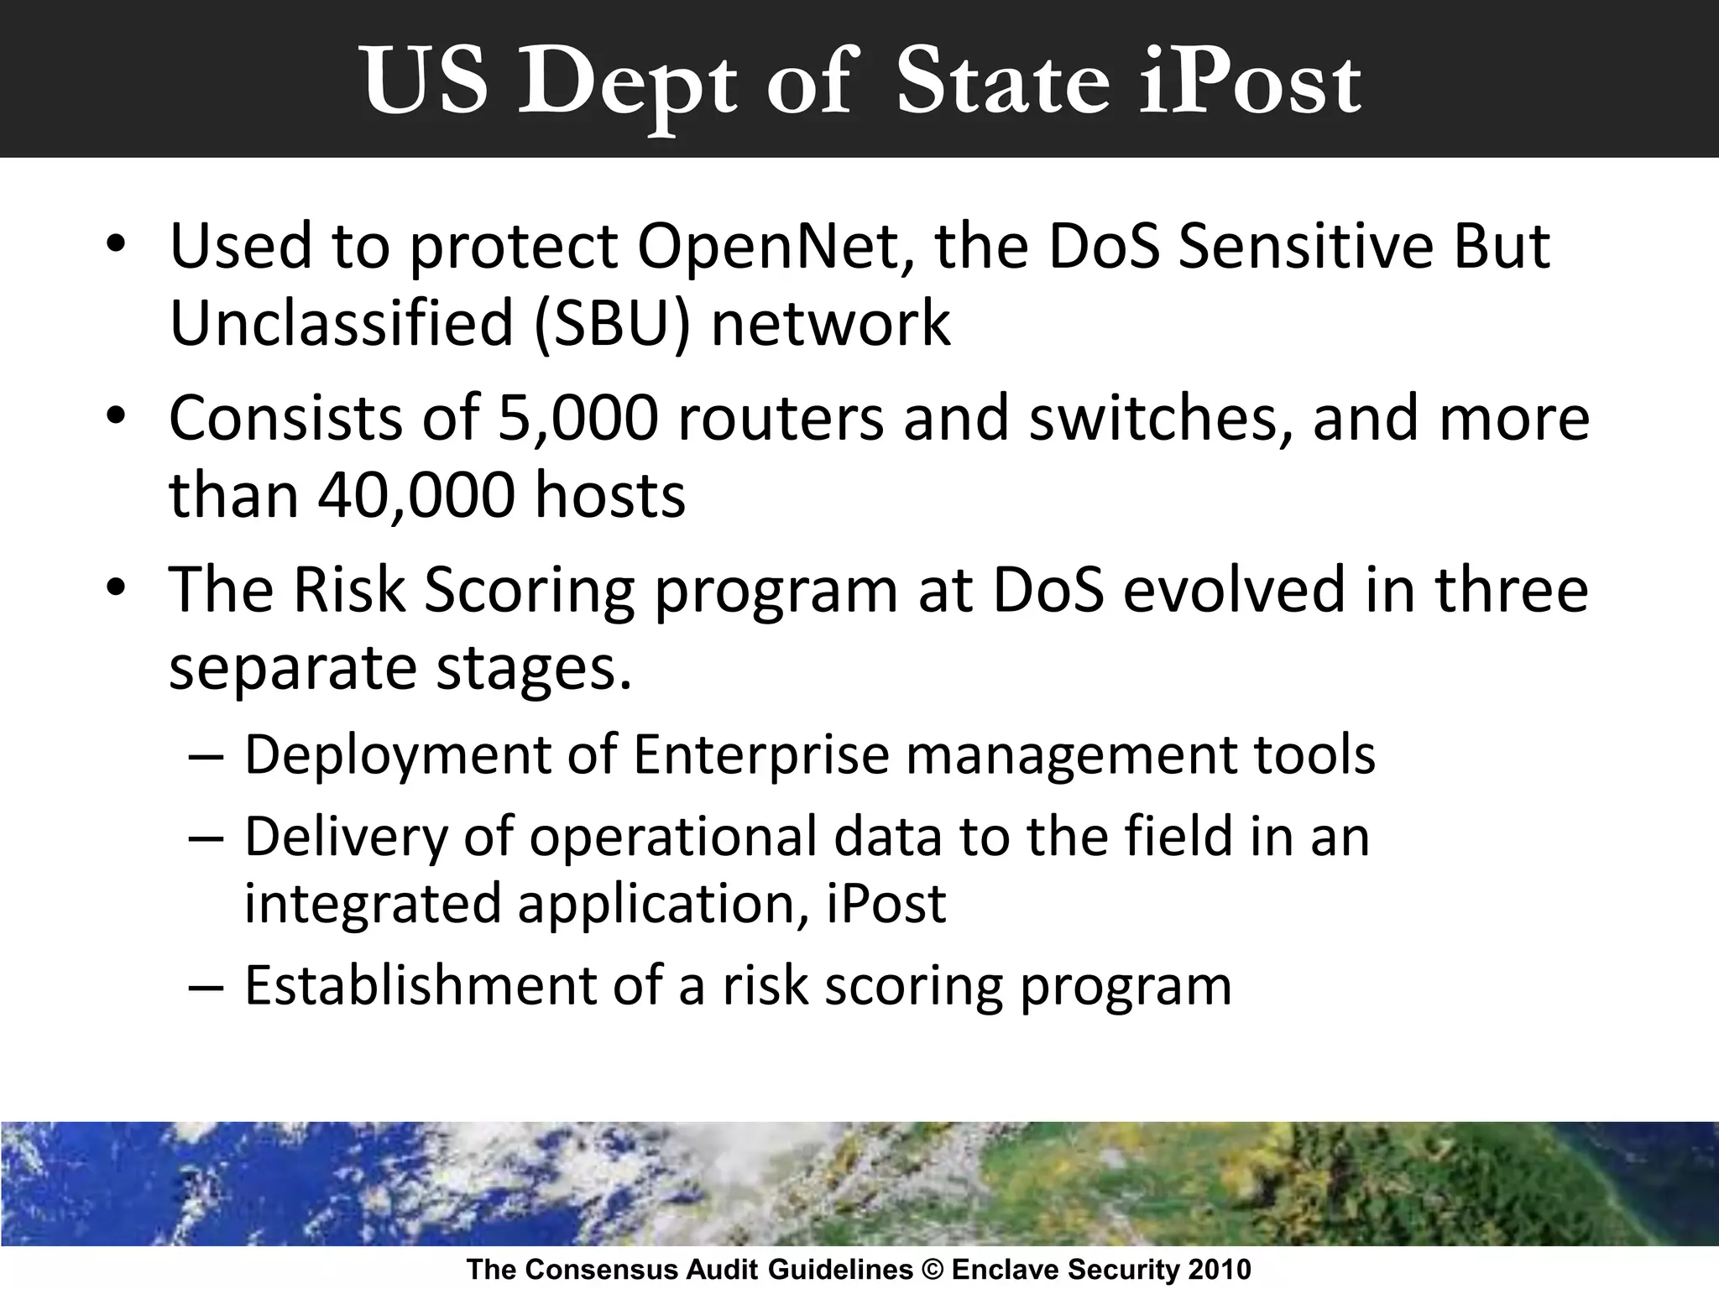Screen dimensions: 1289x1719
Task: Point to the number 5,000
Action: click(x=577, y=418)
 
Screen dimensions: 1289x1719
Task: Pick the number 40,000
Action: click(x=415, y=495)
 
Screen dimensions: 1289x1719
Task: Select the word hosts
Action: click(x=610, y=495)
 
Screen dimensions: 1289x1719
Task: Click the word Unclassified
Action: click(x=341, y=324)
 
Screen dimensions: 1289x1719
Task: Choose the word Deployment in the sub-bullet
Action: click(x=397, y=755)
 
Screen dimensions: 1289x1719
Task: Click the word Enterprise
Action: click(x=760, y=755)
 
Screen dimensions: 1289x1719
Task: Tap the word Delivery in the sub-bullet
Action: click(x=346, y=838)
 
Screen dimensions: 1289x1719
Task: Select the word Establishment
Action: click(x=420, y=985)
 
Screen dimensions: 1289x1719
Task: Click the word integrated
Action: click(x=371, y=903)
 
